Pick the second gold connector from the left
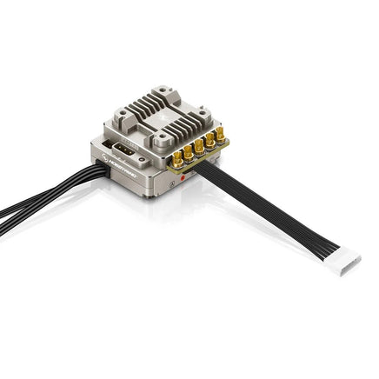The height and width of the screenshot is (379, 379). (x=188, y=154)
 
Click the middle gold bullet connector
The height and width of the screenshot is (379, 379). (x=199, y=146)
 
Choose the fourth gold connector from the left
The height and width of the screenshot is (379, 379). (x=209, y=140)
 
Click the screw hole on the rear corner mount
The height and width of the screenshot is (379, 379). (x=163, y=93)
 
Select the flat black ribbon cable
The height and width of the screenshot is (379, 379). (x=269, y=214)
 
